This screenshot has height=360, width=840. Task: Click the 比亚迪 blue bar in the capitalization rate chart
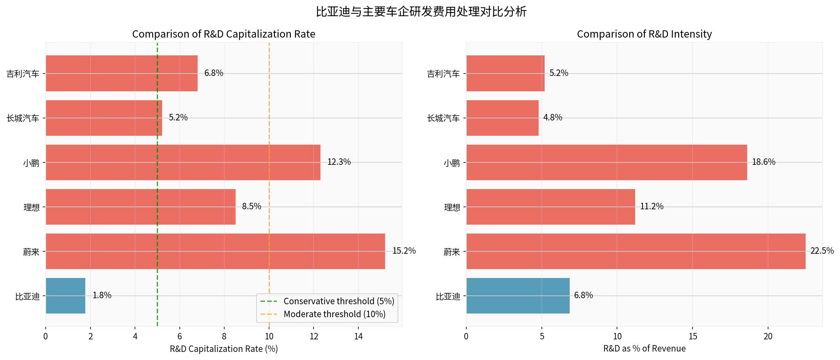(65, 296)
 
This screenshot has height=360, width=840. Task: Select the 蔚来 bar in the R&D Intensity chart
(636, 251)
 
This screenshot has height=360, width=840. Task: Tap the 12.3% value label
(339, 162)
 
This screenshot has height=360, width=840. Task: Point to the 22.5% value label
(822, 251)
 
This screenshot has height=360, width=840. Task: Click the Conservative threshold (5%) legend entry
(339, 301)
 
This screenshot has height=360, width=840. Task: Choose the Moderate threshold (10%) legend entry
(334, 314)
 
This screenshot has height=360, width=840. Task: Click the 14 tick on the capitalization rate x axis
(358, 337)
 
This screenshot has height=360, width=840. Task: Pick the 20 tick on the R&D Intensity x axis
(768, 337)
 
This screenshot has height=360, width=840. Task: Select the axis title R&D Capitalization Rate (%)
(223, 349)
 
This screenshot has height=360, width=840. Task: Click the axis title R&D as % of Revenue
(644, 349)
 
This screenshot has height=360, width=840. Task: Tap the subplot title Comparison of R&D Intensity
(644, 34)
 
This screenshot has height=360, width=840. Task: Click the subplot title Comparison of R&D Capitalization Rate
(223, 34)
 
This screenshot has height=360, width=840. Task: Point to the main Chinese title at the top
(421, 12)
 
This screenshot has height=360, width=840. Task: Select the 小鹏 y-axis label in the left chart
(31, 163)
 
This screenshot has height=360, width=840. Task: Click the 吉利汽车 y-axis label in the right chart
(443, 74)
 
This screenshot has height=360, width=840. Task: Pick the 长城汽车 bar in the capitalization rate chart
(104, 118)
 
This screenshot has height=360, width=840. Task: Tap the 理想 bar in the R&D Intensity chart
(550, 207)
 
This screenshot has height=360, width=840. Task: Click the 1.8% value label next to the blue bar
(102, 295)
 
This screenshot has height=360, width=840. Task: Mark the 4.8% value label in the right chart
(552, 118)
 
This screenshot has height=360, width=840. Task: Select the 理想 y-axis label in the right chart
(452, 207)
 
